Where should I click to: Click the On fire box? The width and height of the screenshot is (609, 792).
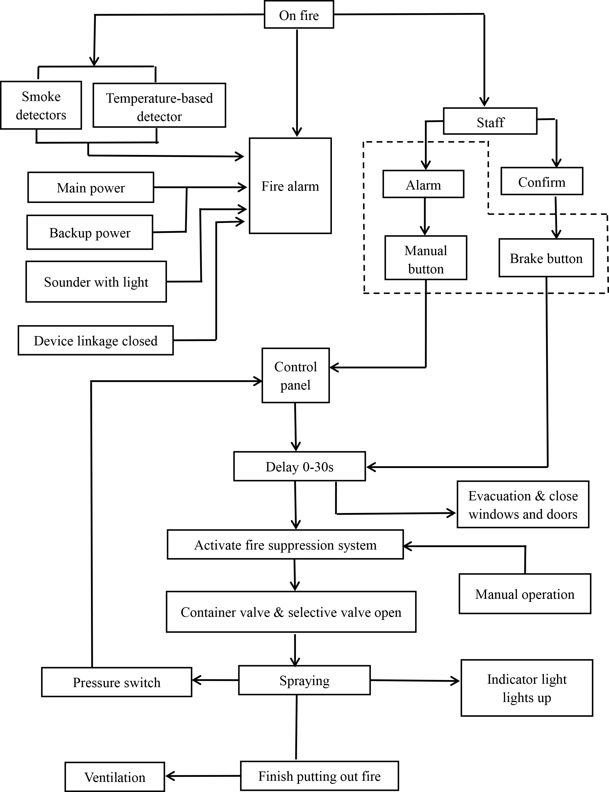299,15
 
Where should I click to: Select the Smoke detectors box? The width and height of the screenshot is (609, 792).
41,105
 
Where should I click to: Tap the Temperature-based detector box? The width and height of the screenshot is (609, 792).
159,105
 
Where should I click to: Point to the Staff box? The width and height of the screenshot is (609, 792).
490,121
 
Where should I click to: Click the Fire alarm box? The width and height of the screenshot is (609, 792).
290,186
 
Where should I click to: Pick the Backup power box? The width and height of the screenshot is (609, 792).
90,232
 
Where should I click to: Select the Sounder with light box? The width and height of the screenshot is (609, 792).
96,282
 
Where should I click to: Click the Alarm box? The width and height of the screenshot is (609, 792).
423,184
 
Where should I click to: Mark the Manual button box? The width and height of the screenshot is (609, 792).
426,258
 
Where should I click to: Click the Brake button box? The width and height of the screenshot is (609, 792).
546,258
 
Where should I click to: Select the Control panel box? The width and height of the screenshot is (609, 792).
296,376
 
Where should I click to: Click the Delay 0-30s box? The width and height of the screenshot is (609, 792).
299,466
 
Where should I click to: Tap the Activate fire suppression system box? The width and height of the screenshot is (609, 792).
285,545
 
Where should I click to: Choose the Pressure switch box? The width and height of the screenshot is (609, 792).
117,682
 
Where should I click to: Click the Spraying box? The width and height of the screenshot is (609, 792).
304,680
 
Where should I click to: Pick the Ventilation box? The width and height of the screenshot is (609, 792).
114,777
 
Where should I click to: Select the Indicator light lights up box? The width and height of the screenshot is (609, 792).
527,688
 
